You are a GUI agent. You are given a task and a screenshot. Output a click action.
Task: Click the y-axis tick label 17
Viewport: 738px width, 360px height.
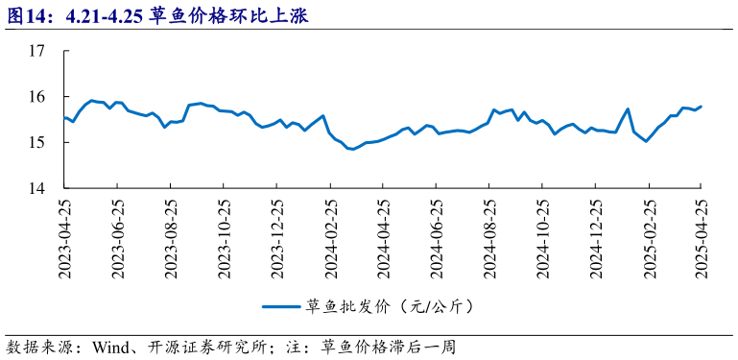pyautogui.click(x=37, y=52)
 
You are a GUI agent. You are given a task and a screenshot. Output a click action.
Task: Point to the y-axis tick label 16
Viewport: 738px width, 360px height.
pyautogui.click(x=37, y=97)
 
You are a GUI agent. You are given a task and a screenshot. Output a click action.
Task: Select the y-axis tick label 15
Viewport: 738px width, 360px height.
pyautogui.click(x=37, y=143)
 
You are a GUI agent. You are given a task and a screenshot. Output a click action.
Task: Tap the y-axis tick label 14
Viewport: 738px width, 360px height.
pyautogui.click(x=37, y=189)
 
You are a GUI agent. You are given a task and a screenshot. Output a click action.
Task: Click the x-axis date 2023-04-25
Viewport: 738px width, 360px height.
pyautogui.click(x=65, y=239)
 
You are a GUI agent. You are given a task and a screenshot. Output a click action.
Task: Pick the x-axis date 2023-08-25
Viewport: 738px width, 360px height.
pyautogui.click(x=171, y=239)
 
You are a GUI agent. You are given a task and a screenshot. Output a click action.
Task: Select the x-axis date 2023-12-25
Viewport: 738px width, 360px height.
pyautogui.click(x=277, y=239)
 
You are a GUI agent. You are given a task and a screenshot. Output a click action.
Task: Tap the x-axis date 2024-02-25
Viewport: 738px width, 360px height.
pyautogui.click(x=330, y=239)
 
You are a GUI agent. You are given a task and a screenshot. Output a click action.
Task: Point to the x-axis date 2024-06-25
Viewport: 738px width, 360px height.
pyautogui.click(x=436, y=239)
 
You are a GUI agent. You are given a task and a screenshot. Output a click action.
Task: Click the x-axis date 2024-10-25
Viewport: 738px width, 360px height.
pyautogui.click(x=542, y=239)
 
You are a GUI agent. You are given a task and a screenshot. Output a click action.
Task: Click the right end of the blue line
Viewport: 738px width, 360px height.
pyautogui.click(x=701, y=107)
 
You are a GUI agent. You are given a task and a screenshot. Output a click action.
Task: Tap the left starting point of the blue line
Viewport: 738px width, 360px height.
pyautogui.click(x=64, y=118)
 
